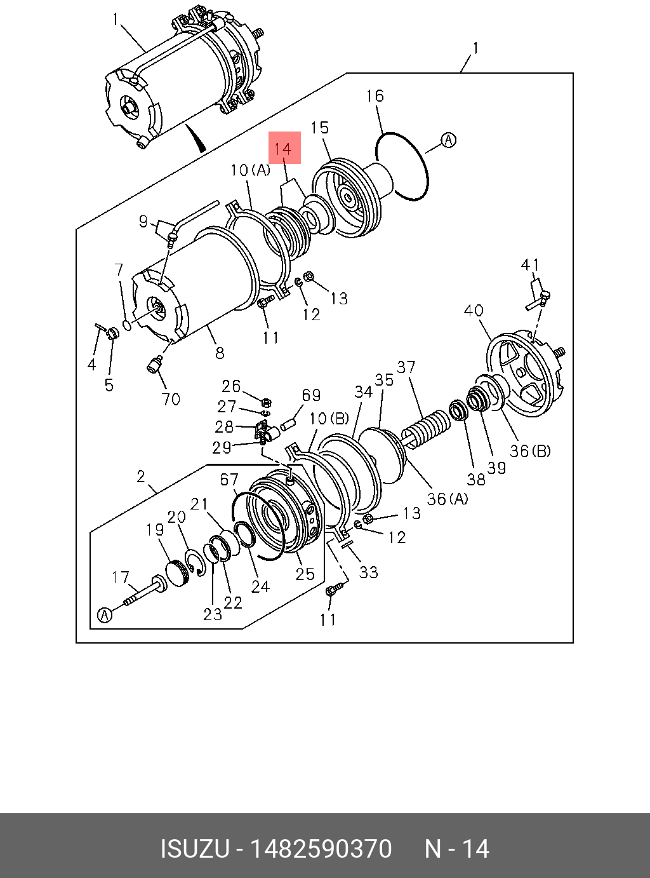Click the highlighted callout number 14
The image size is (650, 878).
pos(283,149)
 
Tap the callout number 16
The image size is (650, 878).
pos(375,96)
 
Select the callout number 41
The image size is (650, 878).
pos(530,265)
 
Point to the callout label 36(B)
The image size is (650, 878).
pos(531,451)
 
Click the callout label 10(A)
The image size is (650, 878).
pos(250,170)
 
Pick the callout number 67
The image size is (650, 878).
pos(229,480)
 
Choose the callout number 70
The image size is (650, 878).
pos(171,399)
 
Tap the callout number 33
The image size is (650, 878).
pos(368,572)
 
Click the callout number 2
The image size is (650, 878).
pos(141,476)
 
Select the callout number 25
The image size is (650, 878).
pos(305,574)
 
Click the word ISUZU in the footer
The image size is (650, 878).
pos(194,849)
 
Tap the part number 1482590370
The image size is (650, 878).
pos(321,849)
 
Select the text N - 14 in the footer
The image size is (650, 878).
pos(457,849)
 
